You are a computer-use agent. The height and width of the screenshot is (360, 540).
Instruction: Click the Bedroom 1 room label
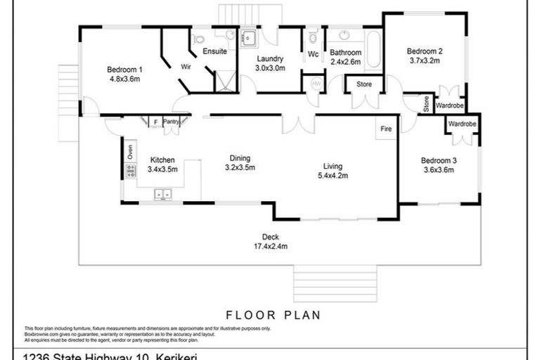click(x=124, y=69)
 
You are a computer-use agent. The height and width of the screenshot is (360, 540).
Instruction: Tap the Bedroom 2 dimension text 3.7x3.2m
click(x=424, y=60)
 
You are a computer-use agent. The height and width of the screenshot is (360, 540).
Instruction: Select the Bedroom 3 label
click(x=439, y=160)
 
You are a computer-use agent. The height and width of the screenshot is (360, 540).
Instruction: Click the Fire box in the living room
click(x=386, y=129)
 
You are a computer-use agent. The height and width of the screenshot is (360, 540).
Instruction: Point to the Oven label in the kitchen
click(x=130, y=152)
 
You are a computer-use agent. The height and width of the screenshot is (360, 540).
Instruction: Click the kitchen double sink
click(x=164, y=194)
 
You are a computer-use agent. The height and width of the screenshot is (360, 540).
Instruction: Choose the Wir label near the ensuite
click(x=186, y=67)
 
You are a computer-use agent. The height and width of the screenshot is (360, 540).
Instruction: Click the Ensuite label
click(x=214, y=51)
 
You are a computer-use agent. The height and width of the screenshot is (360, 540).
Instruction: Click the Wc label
click(x=314, y=53)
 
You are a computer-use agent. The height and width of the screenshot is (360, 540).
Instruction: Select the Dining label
click(x=240, y=158)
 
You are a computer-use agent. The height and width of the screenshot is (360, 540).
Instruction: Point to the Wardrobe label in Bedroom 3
click(x=462, y=124)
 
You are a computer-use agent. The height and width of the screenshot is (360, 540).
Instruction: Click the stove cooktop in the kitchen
click(x=130, y=170)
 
